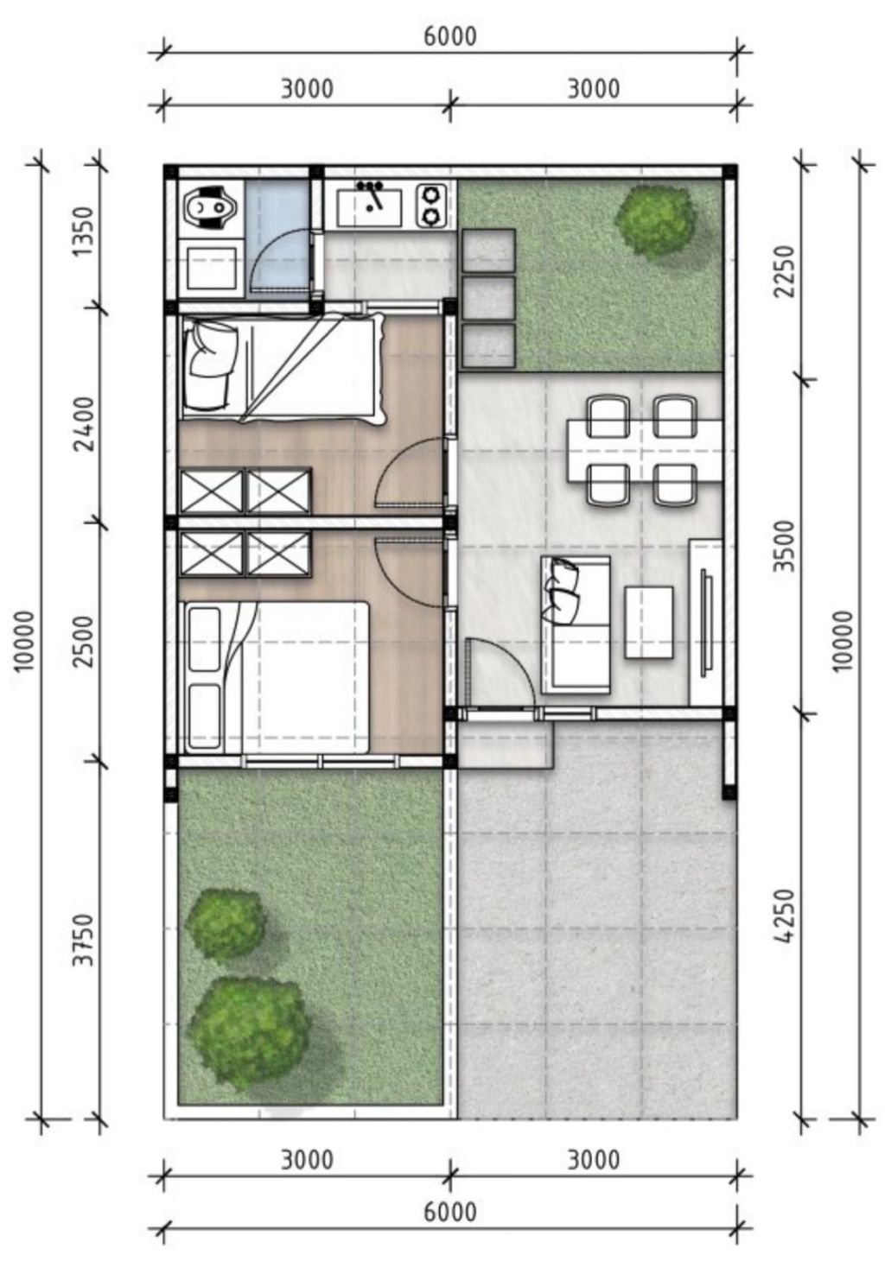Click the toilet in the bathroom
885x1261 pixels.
(207, 206)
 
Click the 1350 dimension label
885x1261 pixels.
(83, 231)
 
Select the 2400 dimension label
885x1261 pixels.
(83, 424)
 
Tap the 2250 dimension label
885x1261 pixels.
(784, 271)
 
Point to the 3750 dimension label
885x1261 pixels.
(83, 939)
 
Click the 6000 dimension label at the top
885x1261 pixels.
(449, 36)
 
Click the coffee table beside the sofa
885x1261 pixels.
(648, 622)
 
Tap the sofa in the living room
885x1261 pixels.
(576, 624)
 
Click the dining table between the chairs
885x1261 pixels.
(645, 450)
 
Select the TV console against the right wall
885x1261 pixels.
(706, 622)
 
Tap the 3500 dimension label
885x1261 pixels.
(784, 546)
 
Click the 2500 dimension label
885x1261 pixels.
(83, 642)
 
